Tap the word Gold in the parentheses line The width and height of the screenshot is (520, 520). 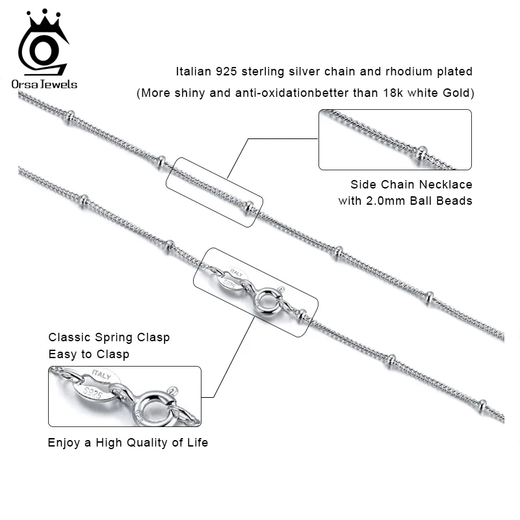tap(457, 93)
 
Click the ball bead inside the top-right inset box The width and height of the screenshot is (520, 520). tap(422, 153)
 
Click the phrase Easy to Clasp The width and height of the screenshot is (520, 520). tap(89, 354)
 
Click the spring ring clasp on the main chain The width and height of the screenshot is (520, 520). tap(266, 300)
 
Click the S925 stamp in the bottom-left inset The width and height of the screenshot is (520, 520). tap(96, 393)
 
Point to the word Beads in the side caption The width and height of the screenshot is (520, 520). tap(454, 201)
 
